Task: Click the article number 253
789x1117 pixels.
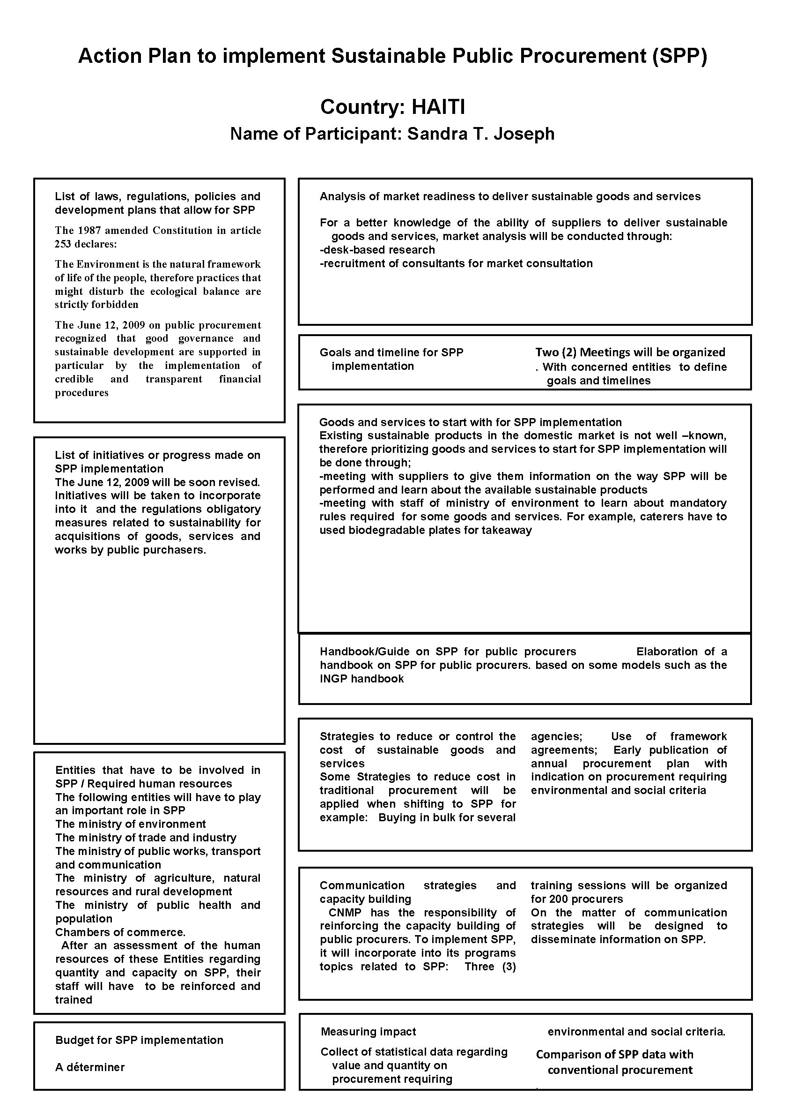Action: point(63,244)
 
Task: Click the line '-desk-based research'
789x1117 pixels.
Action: point(377,250)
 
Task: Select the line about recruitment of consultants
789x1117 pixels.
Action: point(456,264)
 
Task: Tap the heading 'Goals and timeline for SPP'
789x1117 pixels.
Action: point(391,352)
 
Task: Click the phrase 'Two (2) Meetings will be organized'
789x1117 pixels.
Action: point(630,352)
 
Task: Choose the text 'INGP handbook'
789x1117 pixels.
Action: point(361,679)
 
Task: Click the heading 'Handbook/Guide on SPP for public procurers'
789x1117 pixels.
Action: point(448,652)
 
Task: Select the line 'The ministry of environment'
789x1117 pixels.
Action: point(130,824)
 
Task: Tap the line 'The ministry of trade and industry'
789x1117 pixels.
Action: point(145,838)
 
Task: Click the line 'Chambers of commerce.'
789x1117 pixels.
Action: point(120,932)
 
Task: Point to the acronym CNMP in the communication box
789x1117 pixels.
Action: point(345,913)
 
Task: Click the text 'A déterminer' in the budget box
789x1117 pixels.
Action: point(90,1067)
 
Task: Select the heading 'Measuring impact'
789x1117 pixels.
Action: point(368,1031)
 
